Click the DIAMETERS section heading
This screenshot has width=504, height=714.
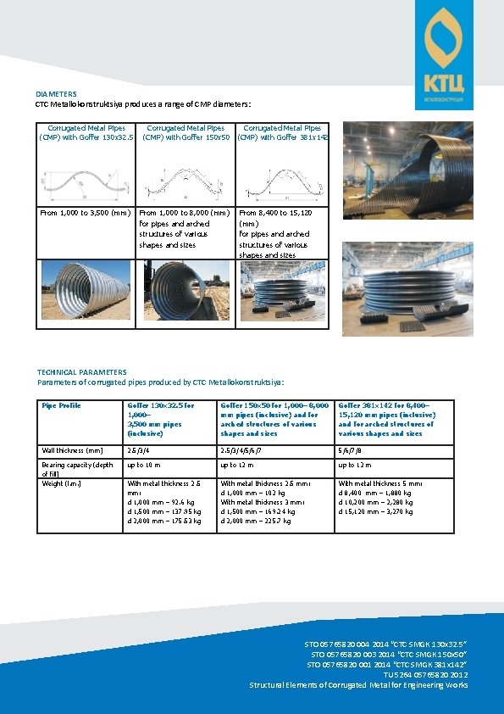[56, 93]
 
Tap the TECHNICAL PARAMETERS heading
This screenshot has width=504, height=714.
[82, 371]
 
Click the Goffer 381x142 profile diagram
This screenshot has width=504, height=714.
[283, 180]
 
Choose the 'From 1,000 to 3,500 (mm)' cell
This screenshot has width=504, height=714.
[85, 213]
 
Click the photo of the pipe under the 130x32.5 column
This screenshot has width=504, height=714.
[86, 290]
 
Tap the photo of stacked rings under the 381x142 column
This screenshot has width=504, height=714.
[283, 290]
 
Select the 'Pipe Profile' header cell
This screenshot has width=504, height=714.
[61, 405]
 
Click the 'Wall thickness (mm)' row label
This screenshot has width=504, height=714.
[72, 450]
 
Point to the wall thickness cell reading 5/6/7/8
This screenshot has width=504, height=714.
[350, 450]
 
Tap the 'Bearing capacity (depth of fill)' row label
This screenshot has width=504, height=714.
[77, 469]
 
